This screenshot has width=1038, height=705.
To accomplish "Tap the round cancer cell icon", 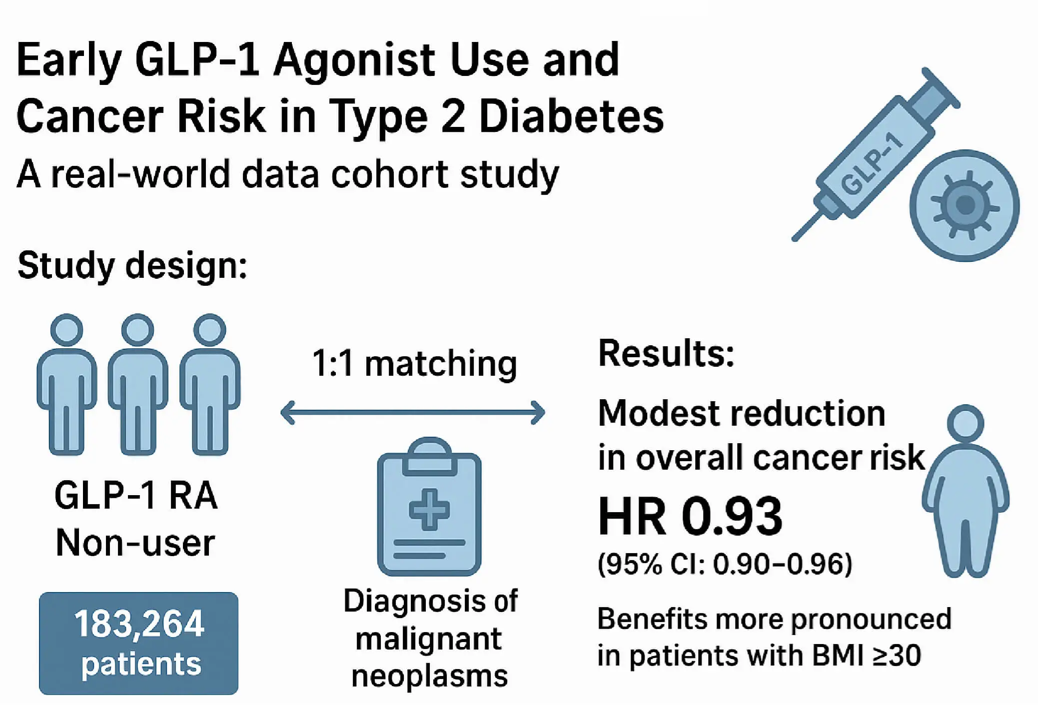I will point(964,205).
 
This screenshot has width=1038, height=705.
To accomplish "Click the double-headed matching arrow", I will point(413,413).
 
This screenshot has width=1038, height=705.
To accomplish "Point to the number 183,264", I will point(139,624).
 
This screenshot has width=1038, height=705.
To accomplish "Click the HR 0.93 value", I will point(690,516).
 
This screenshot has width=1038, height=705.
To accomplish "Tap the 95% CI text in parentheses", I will point(725,564).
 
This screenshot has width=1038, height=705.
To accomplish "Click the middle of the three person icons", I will point(138,385).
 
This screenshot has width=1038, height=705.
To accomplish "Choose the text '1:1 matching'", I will point(414,363).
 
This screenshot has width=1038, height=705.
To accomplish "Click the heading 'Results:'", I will point(666,353).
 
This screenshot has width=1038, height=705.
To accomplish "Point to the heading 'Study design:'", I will point(132,265).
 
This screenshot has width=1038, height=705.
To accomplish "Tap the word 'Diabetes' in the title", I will point(571,116).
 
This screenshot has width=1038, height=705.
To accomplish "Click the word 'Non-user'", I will point(135,543).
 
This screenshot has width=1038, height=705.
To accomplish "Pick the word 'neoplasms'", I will point(429,676).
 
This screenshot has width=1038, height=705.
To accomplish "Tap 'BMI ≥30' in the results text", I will point(867,656).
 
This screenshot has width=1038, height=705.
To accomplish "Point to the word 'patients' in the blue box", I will point(141,664).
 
